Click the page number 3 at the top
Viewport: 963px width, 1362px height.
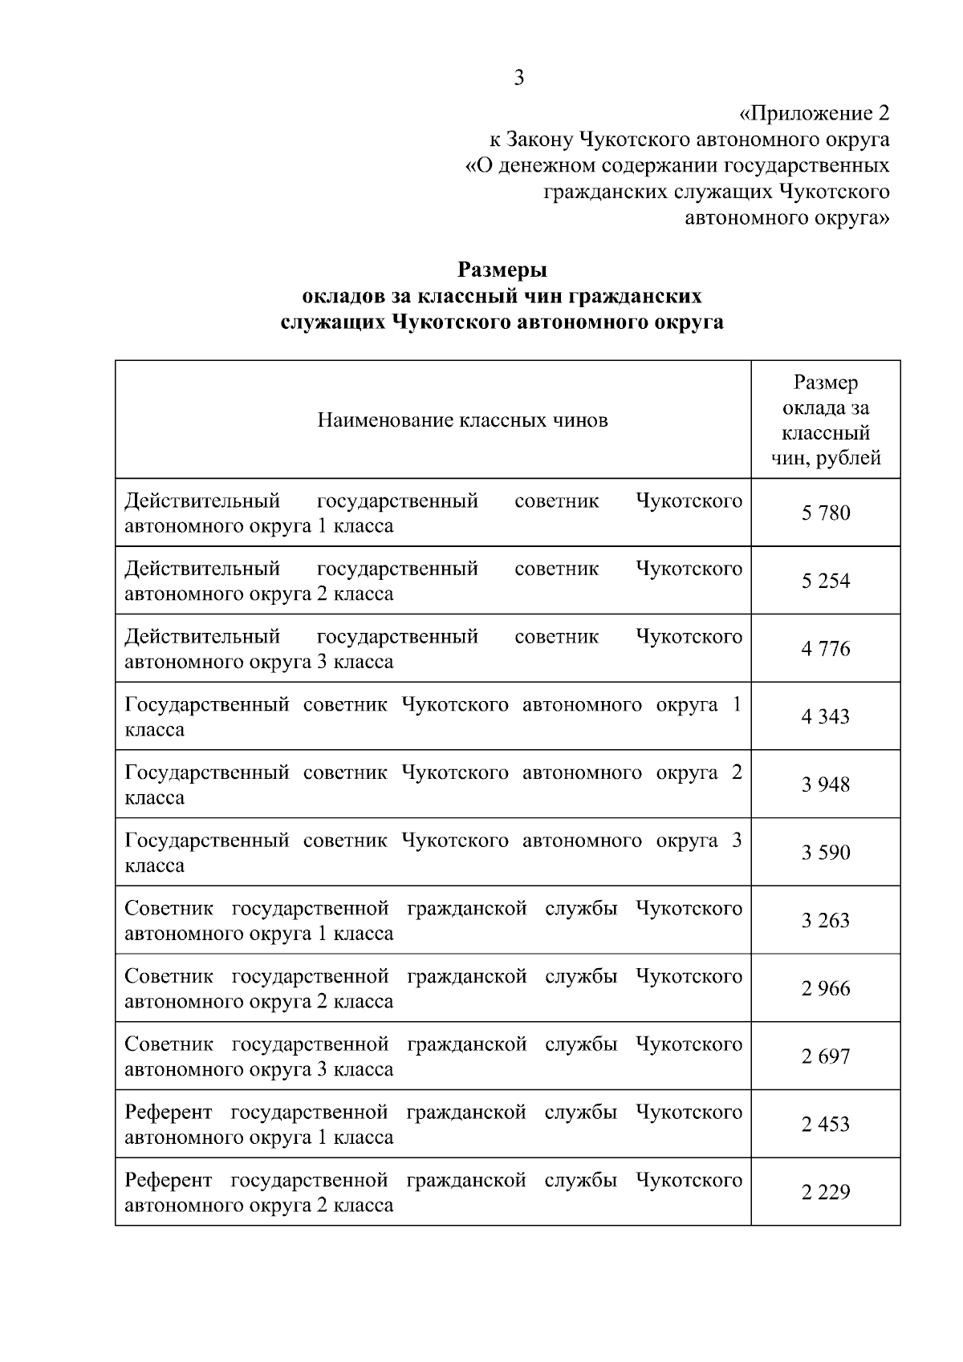pyautogui.click(x=519, y=78)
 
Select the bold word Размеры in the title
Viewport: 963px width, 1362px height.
pyautogui.click(x=502, y=270)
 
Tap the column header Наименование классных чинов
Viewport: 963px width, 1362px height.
pyautogui.click(x=462, y=420)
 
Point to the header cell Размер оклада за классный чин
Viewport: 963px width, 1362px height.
pyautogui.click(x=826, y=420)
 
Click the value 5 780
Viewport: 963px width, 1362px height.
pyautogui.click(x=826, y=513)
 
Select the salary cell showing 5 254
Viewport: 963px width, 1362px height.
pyautogui.click(x=826, y=581)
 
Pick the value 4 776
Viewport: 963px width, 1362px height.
pyautogui.click(x=826, y=649)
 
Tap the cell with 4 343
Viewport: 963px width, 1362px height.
pyautogui.click(x=826, y=717)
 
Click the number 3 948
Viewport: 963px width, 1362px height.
pyautogui.click(x=826, y=784)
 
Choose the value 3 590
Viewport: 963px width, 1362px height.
pyautogui.click(x=826, y=853)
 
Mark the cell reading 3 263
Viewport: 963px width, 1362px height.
pyautogui.click(x=826, y=921)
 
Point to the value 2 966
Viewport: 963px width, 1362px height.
pyautogui.click(x=826, y=989)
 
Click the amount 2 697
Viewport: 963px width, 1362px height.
pyautogui.click(x=826, y=1056)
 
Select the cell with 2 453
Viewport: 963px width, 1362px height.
pyautogui.click(x=826, y=1125)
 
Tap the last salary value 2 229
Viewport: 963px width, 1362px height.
pyautogui.click(x=826, y=1193)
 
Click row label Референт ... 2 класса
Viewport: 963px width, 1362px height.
pyautogui.click(x=433, y=1193)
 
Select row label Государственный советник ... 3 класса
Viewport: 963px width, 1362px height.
pyautogui.click(x=433, y=853)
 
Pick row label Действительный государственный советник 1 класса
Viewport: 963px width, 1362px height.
pyautogui.click(x=433, y=513)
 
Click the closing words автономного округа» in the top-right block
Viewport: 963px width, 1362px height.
pyautogui.click(x=786, y=217)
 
